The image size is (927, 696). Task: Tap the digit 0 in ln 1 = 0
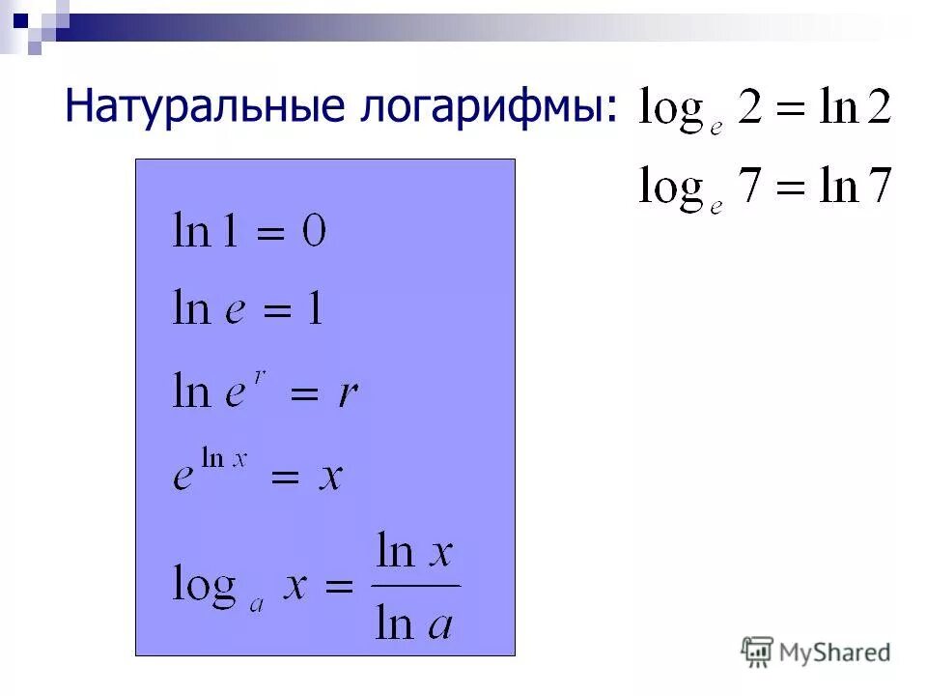pos(314,232)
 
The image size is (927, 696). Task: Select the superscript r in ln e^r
pos(260,373)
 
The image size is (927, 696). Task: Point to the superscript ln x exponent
pos(225,458)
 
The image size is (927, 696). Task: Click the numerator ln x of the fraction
pos(415,554)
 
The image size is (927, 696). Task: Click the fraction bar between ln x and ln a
pos(415,586)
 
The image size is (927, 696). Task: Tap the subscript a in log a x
pos(258,605)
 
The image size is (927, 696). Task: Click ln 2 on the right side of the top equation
pos(855,108)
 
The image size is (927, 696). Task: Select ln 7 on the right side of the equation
pos(855,186)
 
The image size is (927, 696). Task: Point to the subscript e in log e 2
pos(716,130)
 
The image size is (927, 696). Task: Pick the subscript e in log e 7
pos(716,207)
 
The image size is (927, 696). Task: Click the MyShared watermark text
pos(834,653)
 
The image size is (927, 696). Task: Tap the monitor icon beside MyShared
pos(758,652)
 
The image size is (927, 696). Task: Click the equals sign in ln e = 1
pos(276,312)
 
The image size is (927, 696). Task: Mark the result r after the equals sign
pos(348,393)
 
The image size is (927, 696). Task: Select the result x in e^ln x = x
pos(331,477)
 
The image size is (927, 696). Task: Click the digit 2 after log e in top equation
pos(750,109)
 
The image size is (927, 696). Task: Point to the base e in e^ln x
pos(183,478)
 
